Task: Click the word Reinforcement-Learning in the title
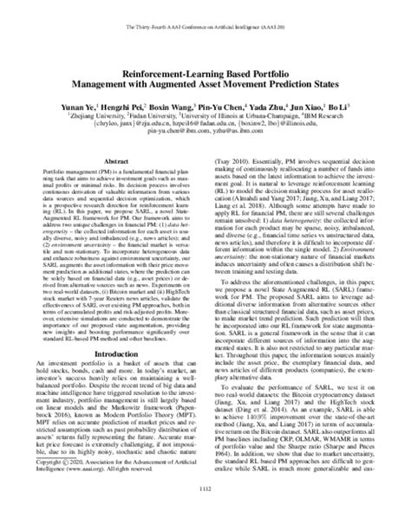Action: pos(162,51)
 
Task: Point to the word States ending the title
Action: pos(309,62)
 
